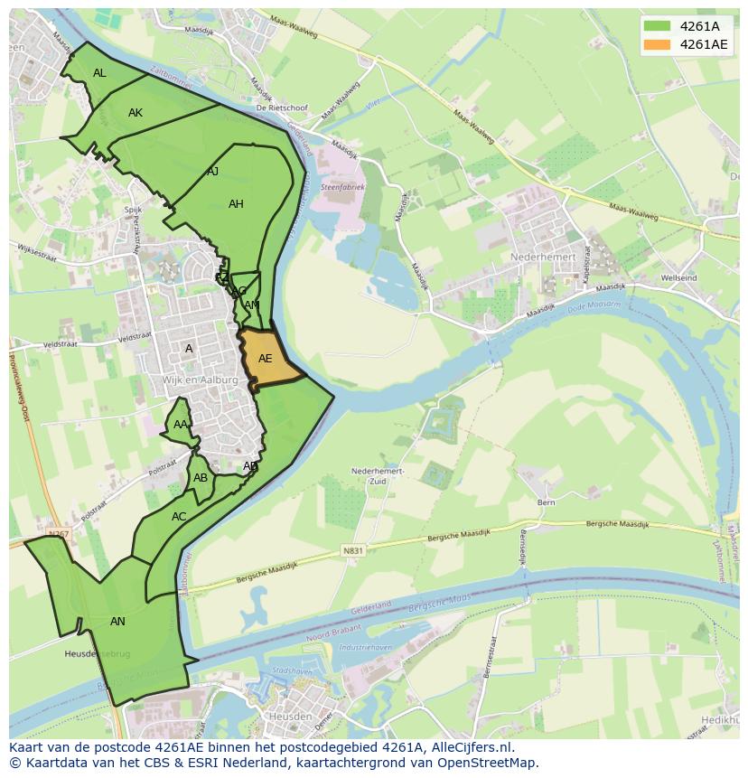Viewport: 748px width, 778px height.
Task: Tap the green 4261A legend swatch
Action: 657,26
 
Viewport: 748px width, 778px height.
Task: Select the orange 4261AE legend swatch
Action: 657,44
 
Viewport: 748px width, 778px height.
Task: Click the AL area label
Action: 99,73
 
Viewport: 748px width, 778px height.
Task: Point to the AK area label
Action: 136,113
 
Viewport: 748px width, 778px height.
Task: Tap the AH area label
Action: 236,204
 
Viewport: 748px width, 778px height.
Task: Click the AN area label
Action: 117,621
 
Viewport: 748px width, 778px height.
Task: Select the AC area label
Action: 179,517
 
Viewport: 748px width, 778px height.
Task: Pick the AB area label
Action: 201,478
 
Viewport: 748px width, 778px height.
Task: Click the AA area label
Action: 181,425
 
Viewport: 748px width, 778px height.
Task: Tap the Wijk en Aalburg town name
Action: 201,380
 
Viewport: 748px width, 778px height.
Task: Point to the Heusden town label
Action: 290,717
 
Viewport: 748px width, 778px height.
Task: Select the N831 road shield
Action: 352,550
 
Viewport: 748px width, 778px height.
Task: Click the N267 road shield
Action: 59,534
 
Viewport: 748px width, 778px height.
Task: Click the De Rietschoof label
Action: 282,108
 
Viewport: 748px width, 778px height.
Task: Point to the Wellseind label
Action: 678,278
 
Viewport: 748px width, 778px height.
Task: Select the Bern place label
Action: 546,501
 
